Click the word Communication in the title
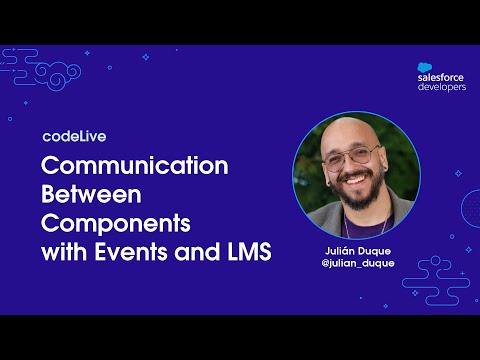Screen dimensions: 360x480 pyautogui.click(x=135, y=165)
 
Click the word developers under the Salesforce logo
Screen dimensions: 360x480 pyautogui.click(x=441, y=87)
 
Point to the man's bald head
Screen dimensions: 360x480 pyautogui.click(x=349, y=133)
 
